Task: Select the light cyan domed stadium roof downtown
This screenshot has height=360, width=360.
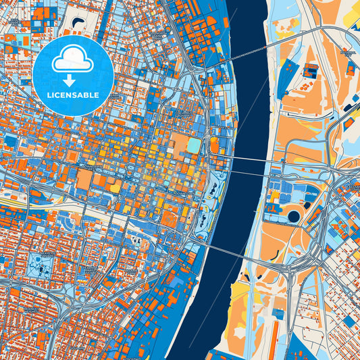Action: [194, 145]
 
